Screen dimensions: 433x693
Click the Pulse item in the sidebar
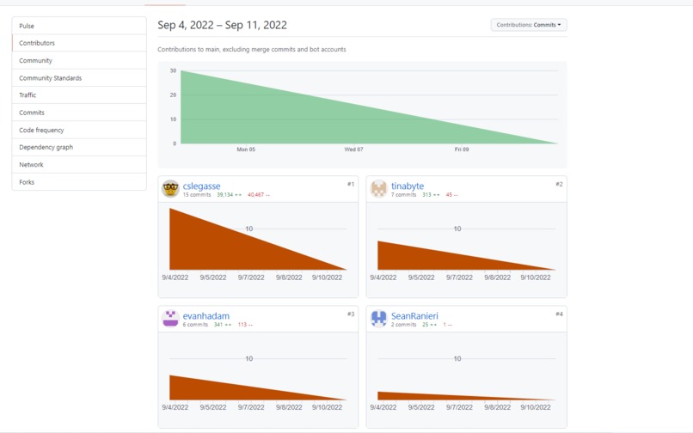27,26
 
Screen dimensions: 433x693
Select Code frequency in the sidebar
41,130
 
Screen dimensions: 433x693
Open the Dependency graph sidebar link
46,147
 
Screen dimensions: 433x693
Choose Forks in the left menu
27,182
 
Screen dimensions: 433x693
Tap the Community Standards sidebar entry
50,78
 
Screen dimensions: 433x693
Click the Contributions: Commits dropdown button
528,25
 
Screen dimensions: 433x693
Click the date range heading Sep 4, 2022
222,25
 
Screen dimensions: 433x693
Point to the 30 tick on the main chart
173,70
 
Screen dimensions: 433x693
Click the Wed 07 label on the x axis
353,149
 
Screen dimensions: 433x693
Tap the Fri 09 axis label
462,149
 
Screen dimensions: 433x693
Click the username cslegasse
201,186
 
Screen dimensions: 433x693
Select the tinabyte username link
407,186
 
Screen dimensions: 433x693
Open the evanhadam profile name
205,315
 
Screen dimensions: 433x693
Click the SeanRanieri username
414,315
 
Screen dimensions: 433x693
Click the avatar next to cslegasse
170,189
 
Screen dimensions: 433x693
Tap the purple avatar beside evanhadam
170,319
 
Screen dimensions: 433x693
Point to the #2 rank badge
559,184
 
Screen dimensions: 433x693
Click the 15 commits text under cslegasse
197,195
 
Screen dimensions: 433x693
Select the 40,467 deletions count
257,195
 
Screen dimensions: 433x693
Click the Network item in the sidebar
31,164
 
